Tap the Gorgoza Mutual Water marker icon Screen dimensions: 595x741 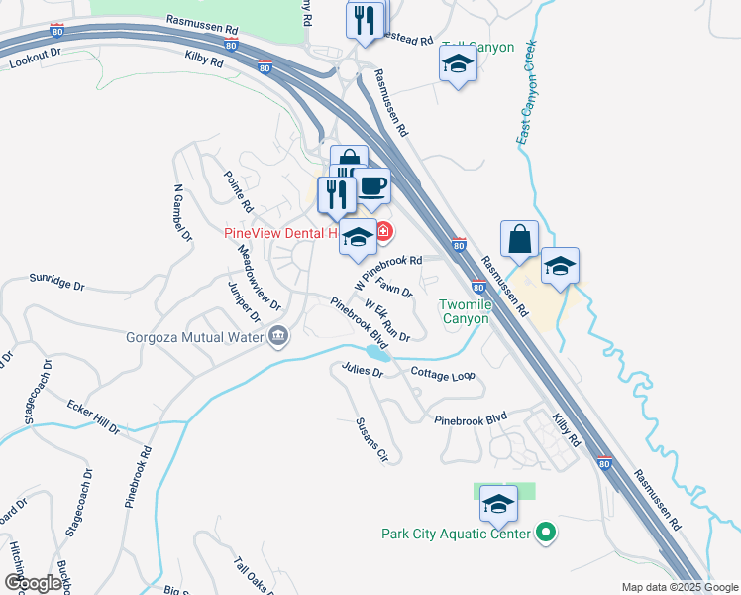coord(278,336)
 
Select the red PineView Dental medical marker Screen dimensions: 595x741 coord(382,235)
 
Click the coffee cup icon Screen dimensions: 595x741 coord(372,185)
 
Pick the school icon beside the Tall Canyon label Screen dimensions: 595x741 coord(458,64)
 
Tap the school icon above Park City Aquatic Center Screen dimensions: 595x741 coord(498,505)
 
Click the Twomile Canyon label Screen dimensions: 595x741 coord(465,312)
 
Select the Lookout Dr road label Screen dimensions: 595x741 coord(36,59)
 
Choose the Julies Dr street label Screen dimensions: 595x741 coord(362,371)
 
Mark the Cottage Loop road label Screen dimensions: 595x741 coord(443,375)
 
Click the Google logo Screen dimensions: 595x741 coord(33,583)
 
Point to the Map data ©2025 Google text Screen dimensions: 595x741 coord(679,587)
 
